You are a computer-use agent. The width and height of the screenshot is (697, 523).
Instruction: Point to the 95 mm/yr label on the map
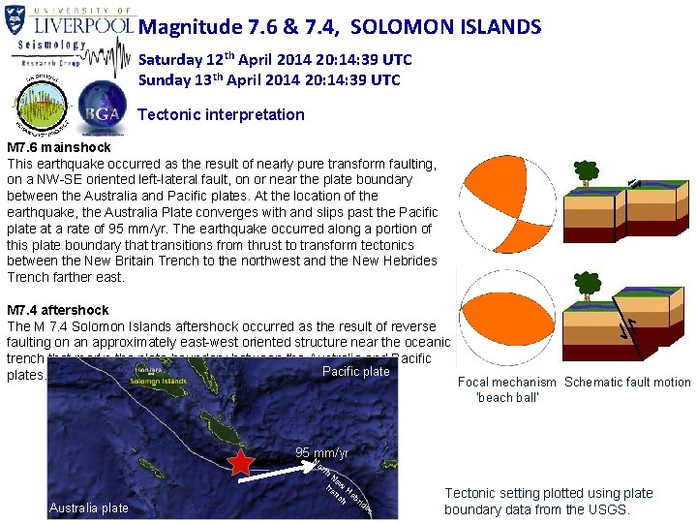[x=322, y=453]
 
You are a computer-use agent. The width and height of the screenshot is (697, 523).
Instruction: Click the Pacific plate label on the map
[x=355, y=371]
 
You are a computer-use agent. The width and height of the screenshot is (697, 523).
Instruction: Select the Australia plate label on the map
[x=88, y=508]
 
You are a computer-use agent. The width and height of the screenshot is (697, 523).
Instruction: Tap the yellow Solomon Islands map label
[x=159, y=381]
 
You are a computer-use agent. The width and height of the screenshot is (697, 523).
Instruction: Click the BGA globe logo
[x=102, y=108]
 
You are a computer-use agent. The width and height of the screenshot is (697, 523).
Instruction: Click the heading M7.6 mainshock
[x=59, y=147]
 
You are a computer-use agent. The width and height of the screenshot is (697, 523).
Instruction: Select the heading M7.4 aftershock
[x=58, y=310]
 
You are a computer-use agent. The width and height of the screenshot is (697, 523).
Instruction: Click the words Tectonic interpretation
[x=221, y=114]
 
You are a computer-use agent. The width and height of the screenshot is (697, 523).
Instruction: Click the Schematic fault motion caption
[x=627, y=383]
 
